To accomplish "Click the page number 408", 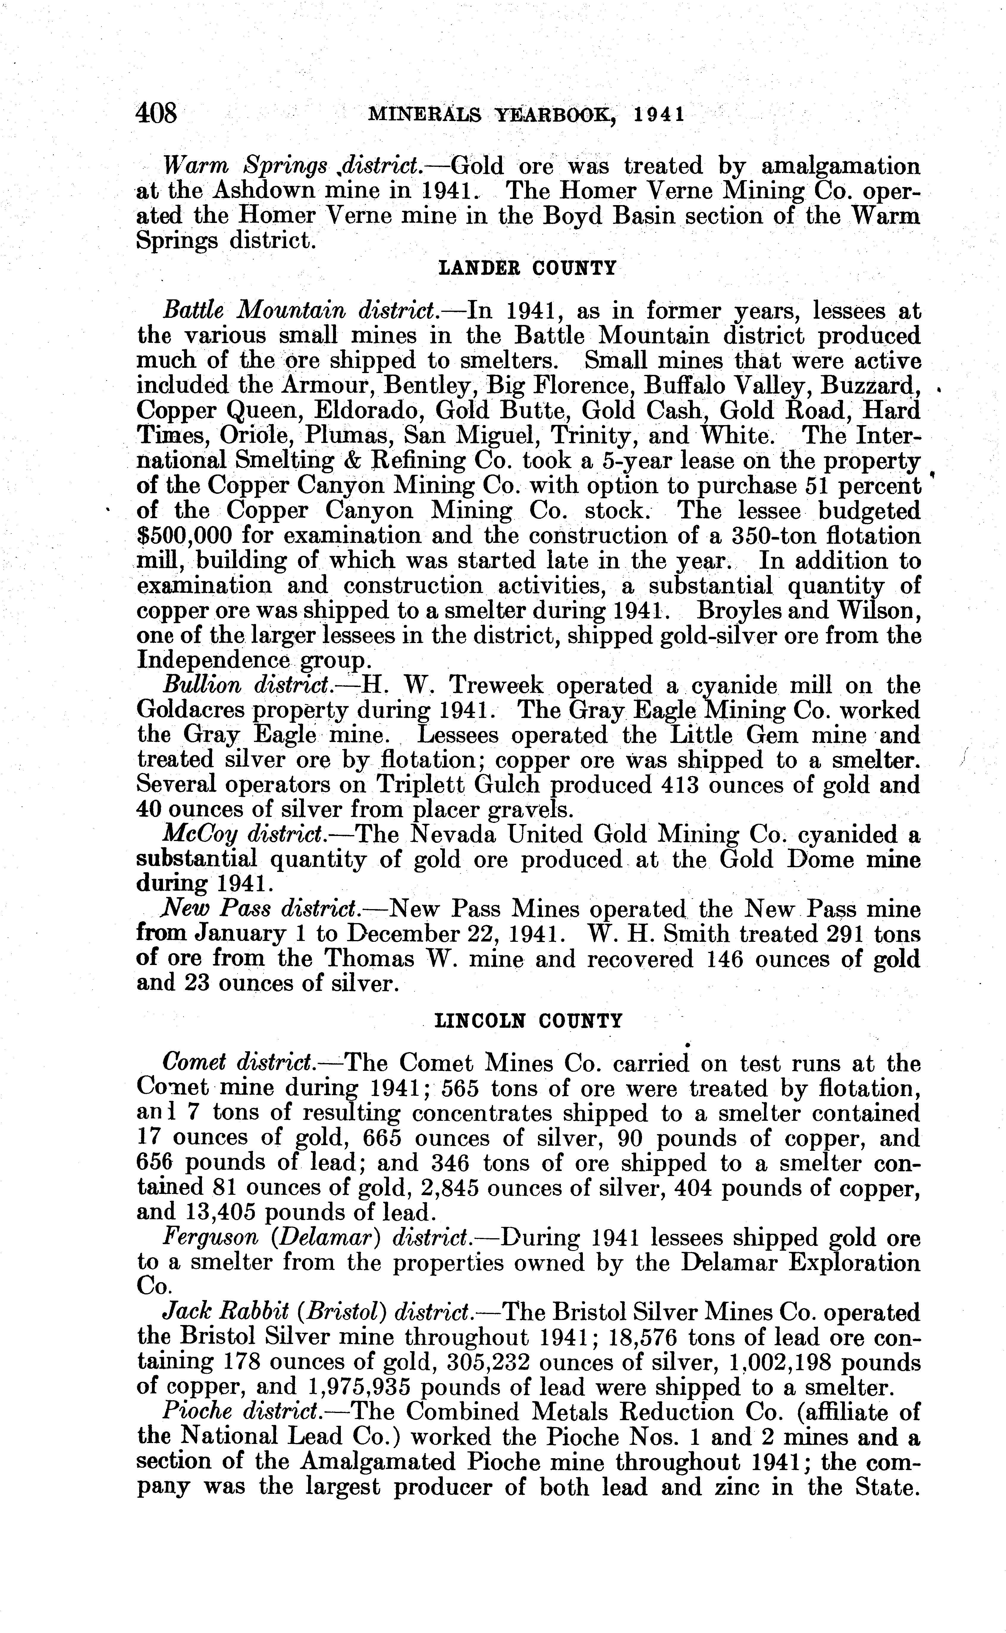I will (x=157, y=113).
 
